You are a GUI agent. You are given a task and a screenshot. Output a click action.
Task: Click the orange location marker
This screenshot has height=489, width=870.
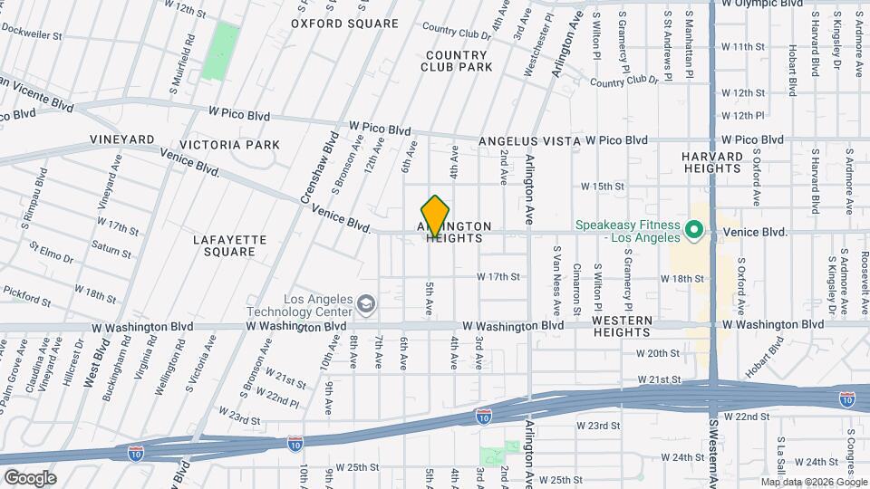(x=436, y=216)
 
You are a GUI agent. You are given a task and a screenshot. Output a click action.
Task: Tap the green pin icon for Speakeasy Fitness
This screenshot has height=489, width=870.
(x=695, y=231)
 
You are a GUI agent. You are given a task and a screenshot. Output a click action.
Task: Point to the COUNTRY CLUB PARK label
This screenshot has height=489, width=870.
(x=458, y=61)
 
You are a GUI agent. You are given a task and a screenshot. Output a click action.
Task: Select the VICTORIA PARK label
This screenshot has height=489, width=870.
(x=230, y=145)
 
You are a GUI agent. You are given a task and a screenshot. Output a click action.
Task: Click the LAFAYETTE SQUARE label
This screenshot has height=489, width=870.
(x=230, y=245)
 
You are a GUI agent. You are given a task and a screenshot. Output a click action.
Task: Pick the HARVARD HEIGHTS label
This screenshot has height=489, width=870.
(x=712, y=162)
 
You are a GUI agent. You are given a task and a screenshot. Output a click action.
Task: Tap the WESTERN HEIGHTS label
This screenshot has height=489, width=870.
(x=623, y=327)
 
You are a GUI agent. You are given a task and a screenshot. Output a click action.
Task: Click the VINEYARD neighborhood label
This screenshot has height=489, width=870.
(x=122, y=139)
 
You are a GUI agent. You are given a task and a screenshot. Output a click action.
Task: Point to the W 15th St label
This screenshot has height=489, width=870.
(x=603, y=187)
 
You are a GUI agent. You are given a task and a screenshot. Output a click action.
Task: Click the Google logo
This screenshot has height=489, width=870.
(x=29, y=477)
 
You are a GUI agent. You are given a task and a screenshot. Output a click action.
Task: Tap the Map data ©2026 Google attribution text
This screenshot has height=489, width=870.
(x=813, y=482)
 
